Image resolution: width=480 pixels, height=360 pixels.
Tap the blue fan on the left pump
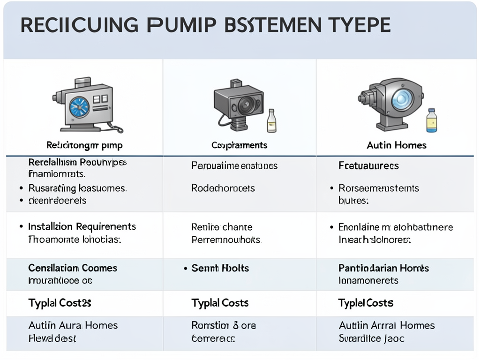coord(79,107)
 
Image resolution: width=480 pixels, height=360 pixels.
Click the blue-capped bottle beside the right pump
coord(431,120)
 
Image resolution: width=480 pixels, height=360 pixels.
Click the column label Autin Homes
coord(397,145)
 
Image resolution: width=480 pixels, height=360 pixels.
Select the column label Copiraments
coord(239,145)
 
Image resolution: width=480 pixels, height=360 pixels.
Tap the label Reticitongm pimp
coord(84,145)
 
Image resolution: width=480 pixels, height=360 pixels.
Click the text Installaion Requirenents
coord(82,227)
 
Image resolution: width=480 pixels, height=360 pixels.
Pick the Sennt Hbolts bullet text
coord(220,269)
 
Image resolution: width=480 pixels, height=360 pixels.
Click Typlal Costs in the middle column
coord(220,303)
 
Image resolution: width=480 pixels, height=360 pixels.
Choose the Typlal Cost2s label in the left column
coord(60,303)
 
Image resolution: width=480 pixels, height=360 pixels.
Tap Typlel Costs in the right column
coord(366,303)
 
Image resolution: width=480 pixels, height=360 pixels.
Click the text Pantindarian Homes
coord(383,269)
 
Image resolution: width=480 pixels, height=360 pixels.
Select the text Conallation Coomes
coord(73,268)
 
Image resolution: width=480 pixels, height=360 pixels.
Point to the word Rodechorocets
coord(223,188)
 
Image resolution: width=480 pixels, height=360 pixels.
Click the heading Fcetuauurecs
coord(368,166)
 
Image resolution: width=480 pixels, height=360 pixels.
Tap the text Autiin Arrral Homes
coord(387,325)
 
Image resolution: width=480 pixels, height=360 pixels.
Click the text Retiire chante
coord(222,227)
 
